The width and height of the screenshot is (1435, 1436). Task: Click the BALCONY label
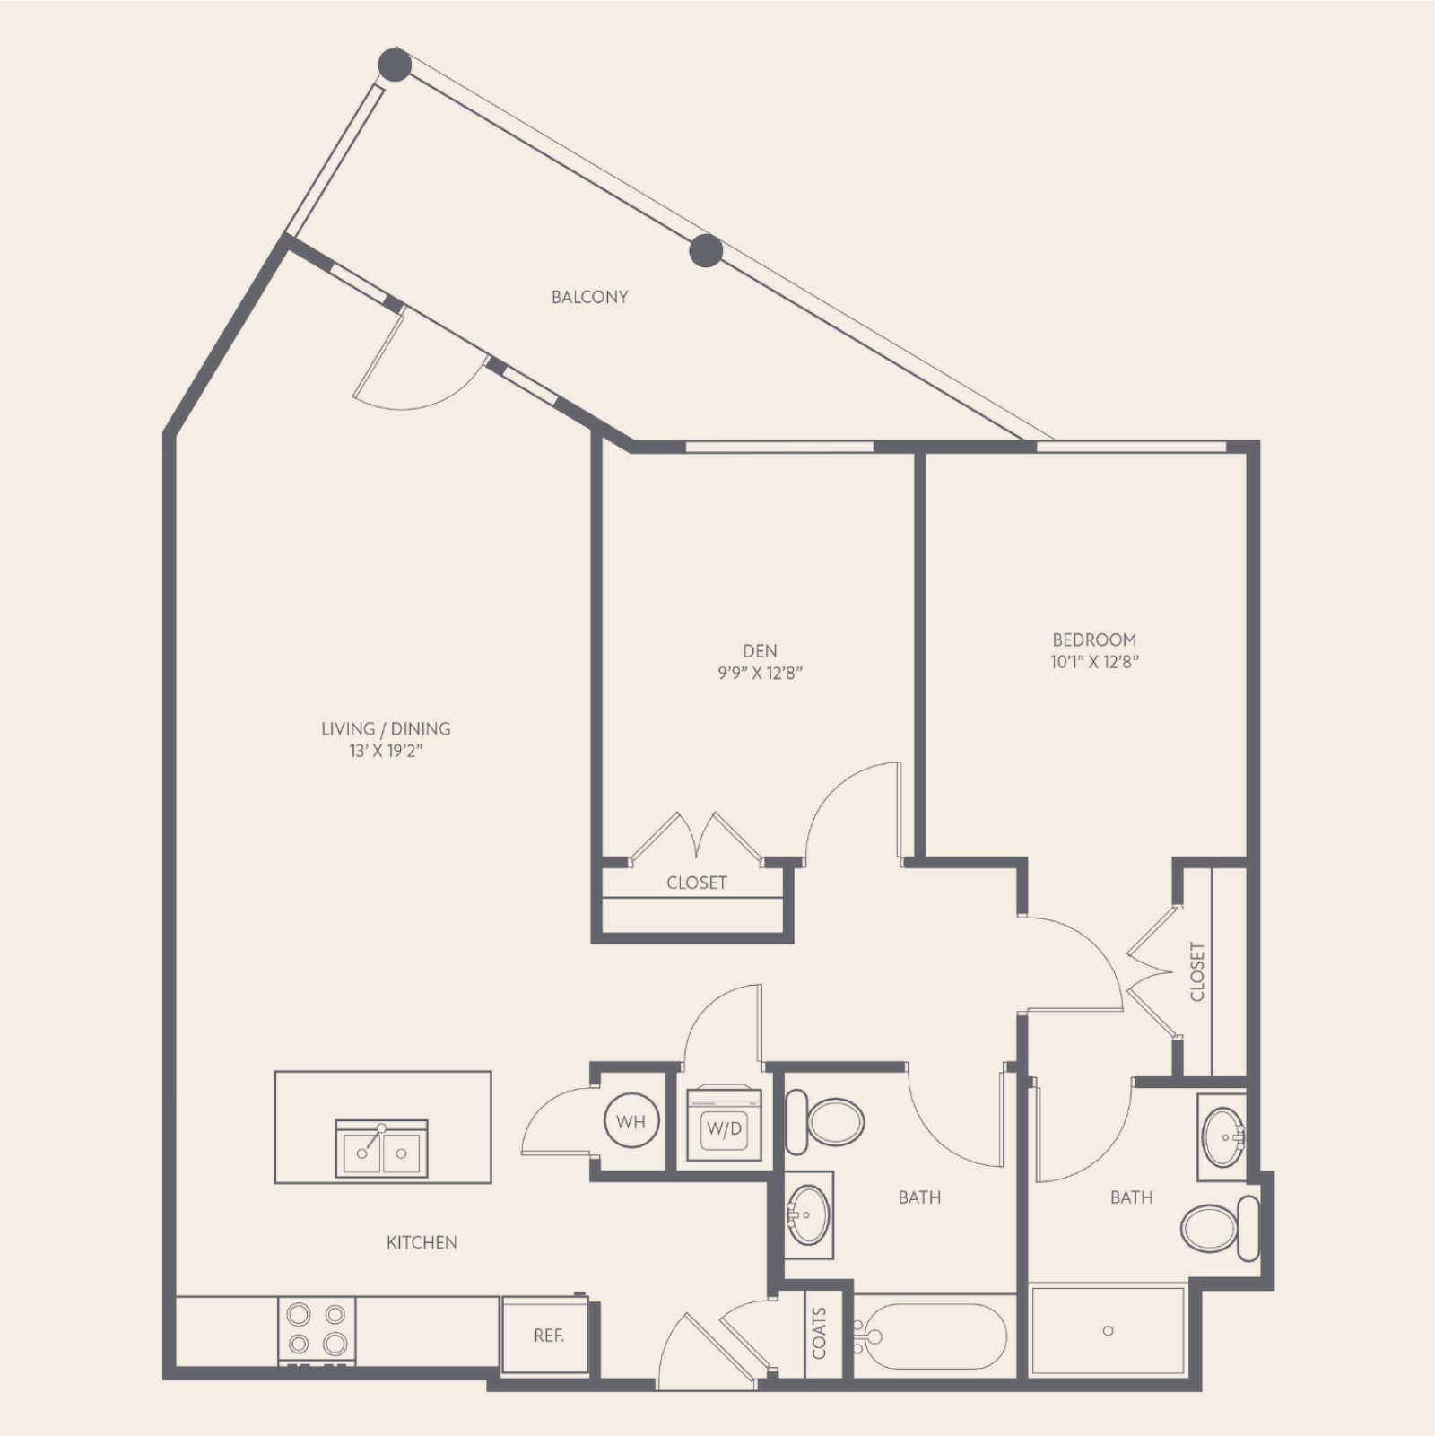pyautogui.click(x=589, y=297)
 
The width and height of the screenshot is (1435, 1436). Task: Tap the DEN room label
pyautogui.click(x=760, y=651)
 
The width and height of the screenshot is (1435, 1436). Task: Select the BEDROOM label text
pyautogui.click(x=1094, y=640)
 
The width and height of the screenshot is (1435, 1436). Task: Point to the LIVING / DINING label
pyautogui.click(x=386, y=728)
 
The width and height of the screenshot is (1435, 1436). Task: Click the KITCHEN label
pyautogui.click(x=422, y=1242)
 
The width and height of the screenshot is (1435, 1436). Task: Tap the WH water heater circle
pyautogui.click(x=631, y=1121)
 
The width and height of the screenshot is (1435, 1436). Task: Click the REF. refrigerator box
pyautogui.click(x=548, y=1335)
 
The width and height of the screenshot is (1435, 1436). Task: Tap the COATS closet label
pyautogui.click(x=819, y=1333)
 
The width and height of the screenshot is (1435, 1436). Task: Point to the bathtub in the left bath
pyautogui.click(x=932, y=1336)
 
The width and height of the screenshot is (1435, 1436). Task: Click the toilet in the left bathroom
pyautogui.click(x=825, y=1122)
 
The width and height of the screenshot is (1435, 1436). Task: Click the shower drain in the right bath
pyautogui.click(x=1108, y=1330)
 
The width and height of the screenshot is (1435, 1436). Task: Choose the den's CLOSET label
pyautogui.click(x=697, y=883)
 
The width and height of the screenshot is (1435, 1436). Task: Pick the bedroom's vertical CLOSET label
pyautogui.click(x=1197, y=970)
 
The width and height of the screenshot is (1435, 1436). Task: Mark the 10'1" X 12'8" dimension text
pyautogui.click(x=1095, y=663)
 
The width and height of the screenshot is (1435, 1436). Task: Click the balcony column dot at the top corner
pyautogui.click(x=395, y=65)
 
